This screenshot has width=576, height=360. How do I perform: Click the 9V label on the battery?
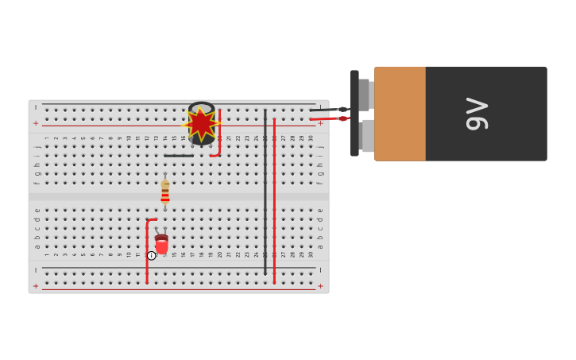[x=477, y=114]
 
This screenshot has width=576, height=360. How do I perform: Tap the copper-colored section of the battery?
[x=400, y=114]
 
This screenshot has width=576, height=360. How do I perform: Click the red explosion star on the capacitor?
[x=201, y=124]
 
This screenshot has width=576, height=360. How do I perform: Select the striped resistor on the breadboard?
[x=165, y=192]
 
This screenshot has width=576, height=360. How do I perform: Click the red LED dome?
[x=162, y=246]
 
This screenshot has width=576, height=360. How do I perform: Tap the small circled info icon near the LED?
[x=152, y=256]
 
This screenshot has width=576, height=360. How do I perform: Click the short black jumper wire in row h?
[x=179, y=156]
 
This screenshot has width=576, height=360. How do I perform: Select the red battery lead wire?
[x=326, y=119]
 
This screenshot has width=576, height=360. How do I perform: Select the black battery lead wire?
[x=326, y=110]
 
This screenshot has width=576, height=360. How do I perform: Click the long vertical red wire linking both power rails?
[x=274, y=199]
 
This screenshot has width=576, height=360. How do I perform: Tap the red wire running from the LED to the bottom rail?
[x=147, y=254]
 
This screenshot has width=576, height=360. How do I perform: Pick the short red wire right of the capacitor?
[x=219, y=135]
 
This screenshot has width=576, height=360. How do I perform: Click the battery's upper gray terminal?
[x=364, y=95]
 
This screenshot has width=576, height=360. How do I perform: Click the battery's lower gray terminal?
[x=367, y=136]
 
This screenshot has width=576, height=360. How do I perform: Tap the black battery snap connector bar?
[x=354, y=114]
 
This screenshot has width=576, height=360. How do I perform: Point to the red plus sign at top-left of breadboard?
[x=36, y=123]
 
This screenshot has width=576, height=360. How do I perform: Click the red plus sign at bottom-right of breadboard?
[x=321, y=285]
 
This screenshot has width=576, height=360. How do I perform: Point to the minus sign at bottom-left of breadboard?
[x=36, y=270]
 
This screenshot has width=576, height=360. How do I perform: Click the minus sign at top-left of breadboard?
[x=36, y=107]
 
